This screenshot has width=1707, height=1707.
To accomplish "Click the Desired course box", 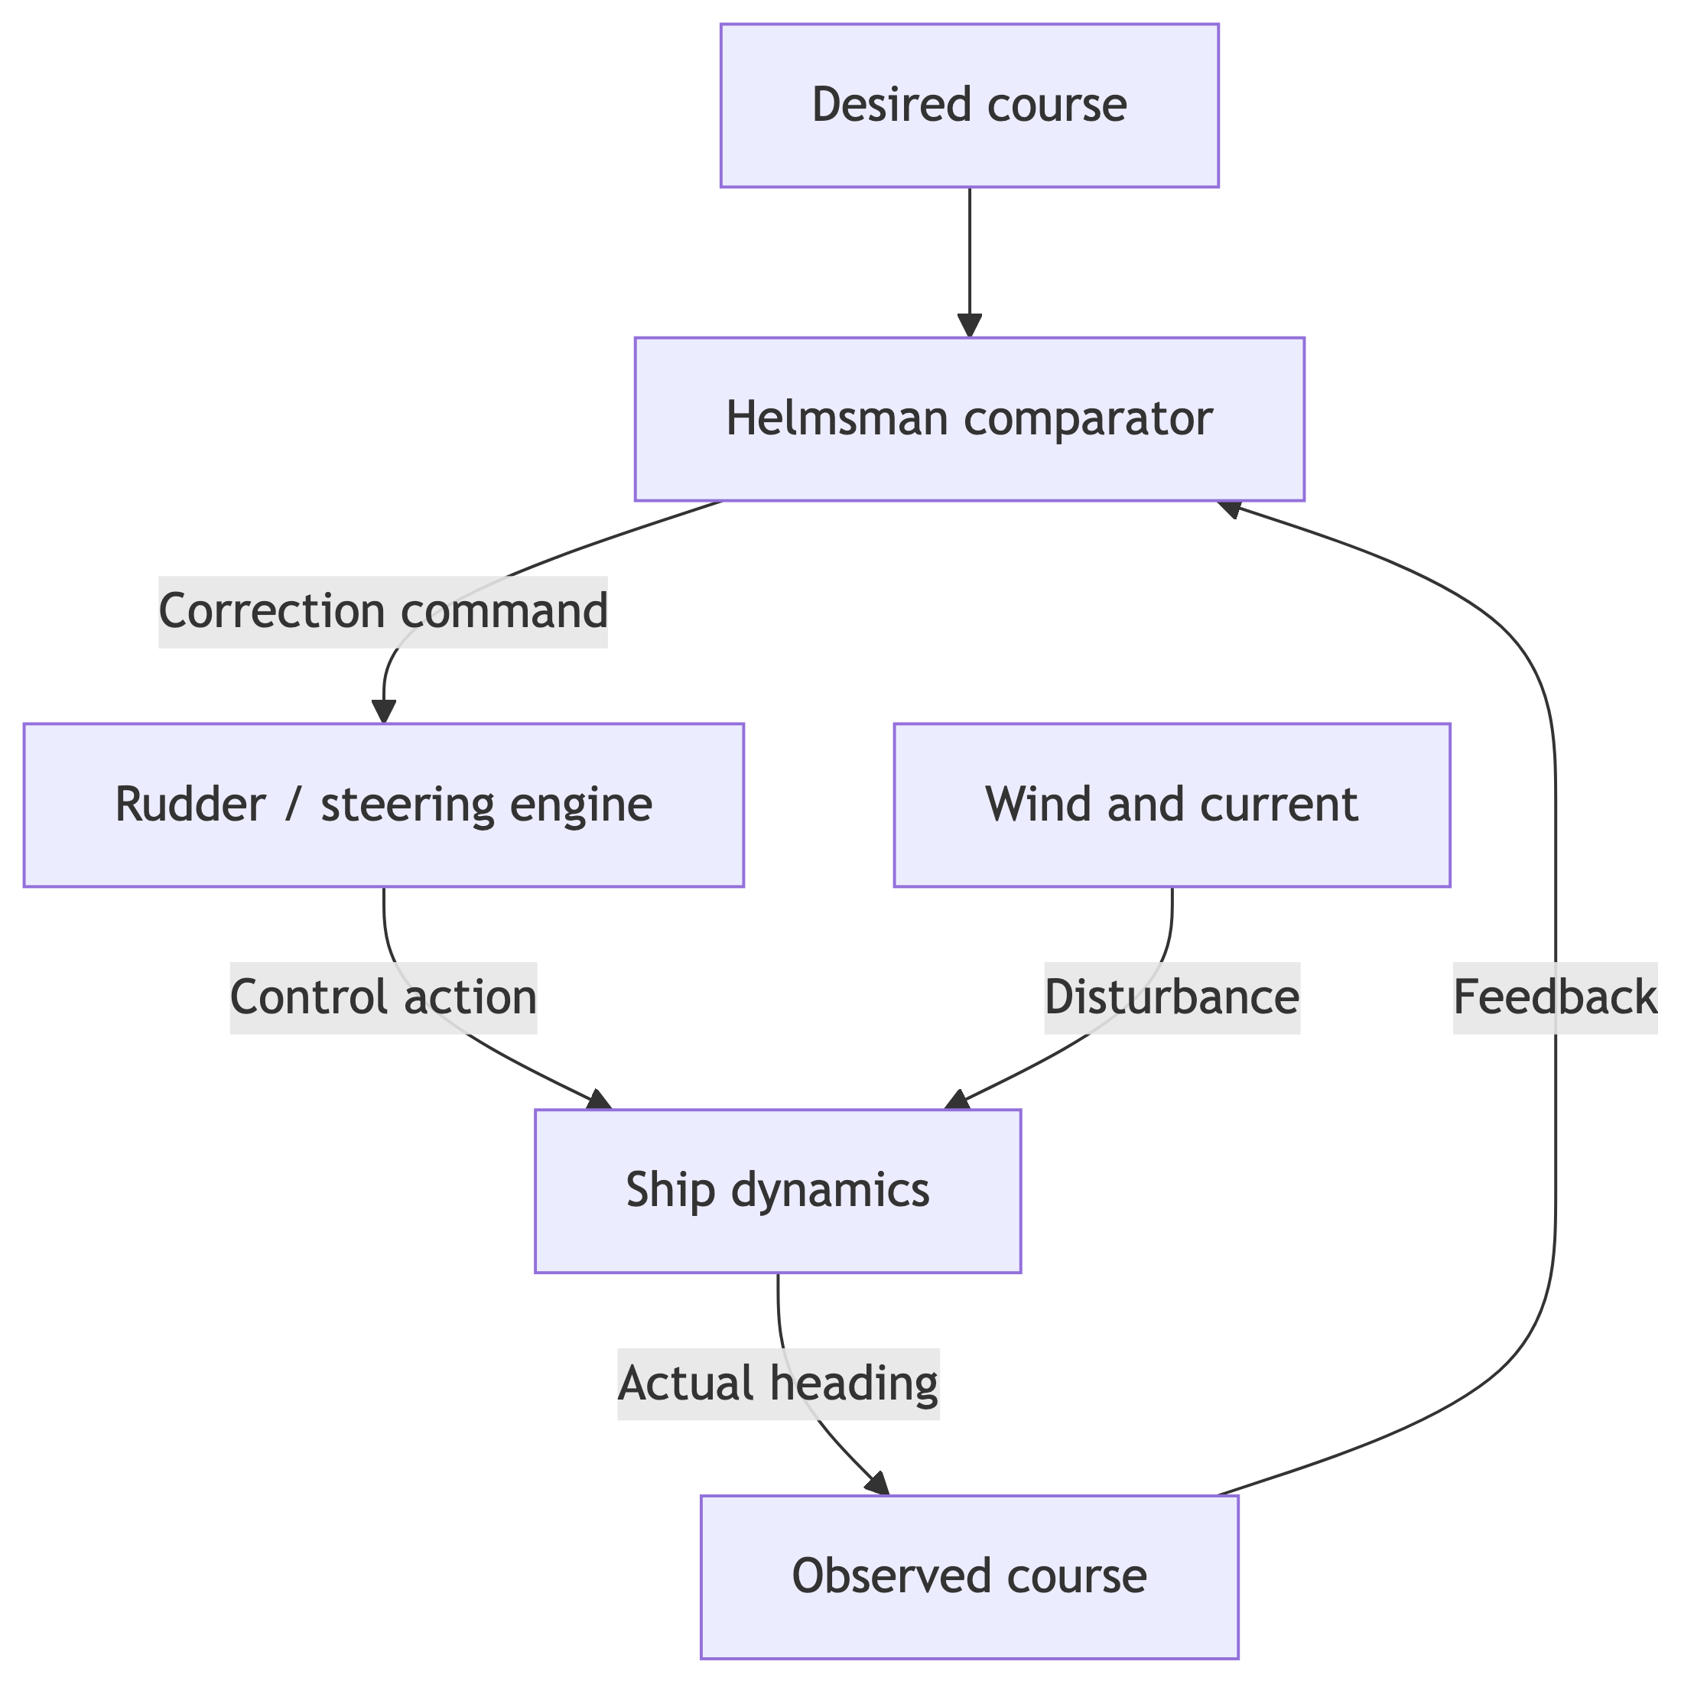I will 969,105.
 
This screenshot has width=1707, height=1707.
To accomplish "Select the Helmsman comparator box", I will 969,419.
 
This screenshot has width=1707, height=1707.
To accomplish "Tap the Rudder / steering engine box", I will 383,805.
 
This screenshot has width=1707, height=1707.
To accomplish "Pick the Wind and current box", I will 1172,805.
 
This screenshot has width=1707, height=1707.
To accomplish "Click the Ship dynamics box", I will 778,1190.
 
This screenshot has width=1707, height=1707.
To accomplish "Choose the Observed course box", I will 969,1576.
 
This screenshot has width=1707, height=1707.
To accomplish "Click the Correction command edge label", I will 382,611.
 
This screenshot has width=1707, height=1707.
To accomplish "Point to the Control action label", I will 382,997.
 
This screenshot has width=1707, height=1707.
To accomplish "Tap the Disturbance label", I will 1172,997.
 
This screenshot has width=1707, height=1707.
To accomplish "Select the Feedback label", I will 1555,997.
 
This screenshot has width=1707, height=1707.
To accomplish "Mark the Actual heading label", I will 778,1383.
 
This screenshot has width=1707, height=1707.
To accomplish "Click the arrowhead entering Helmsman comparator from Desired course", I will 969,326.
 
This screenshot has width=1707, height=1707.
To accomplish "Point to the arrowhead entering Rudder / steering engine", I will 383,712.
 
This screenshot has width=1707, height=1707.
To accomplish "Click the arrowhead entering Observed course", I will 878,1484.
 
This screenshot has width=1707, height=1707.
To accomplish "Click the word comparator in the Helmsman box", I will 1088,419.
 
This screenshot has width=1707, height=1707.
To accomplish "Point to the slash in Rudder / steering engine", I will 292,805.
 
